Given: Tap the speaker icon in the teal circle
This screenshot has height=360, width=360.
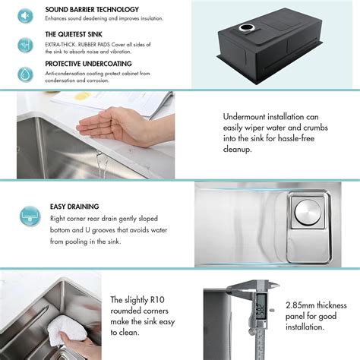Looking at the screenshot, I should pyautogui.click(x=25, y=15).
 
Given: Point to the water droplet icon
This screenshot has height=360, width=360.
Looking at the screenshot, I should pyautogui.click(x=25, y=74).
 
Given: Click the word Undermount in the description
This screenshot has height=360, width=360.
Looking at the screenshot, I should pyautogui.click(x=248, y=117).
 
